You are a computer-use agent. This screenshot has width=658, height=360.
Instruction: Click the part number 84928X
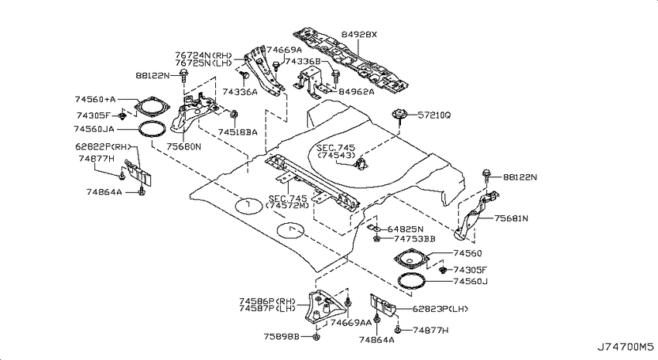point(358,34)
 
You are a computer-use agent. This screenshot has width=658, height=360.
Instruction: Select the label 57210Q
point(434,115)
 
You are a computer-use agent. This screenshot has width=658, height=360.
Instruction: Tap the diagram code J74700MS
point(625,347)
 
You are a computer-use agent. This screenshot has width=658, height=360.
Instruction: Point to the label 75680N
point(183,147)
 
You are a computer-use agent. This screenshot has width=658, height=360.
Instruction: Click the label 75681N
point(511,218)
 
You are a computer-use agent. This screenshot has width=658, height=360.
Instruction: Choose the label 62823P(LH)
point(440,309)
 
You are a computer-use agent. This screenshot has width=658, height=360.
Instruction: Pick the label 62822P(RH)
point(103,146)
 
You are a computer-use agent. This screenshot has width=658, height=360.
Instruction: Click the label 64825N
point(406,229)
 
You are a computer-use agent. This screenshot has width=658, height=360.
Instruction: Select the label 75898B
point(282,337)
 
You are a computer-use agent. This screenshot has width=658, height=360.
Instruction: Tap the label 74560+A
point(95,99)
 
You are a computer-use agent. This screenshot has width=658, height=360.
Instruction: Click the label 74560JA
point(94,129)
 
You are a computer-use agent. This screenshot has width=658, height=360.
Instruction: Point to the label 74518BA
point(238,132)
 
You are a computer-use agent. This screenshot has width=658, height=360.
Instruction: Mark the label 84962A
point(356,91)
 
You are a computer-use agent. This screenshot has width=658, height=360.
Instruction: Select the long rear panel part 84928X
point(351,60)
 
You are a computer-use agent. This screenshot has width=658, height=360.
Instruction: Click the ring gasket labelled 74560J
point(411,281)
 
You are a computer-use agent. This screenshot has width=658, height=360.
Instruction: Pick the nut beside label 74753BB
point(377,238)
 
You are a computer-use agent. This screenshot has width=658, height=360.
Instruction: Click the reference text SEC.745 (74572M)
point(288,201)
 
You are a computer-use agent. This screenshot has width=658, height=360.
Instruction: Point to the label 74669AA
point(351,322)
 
